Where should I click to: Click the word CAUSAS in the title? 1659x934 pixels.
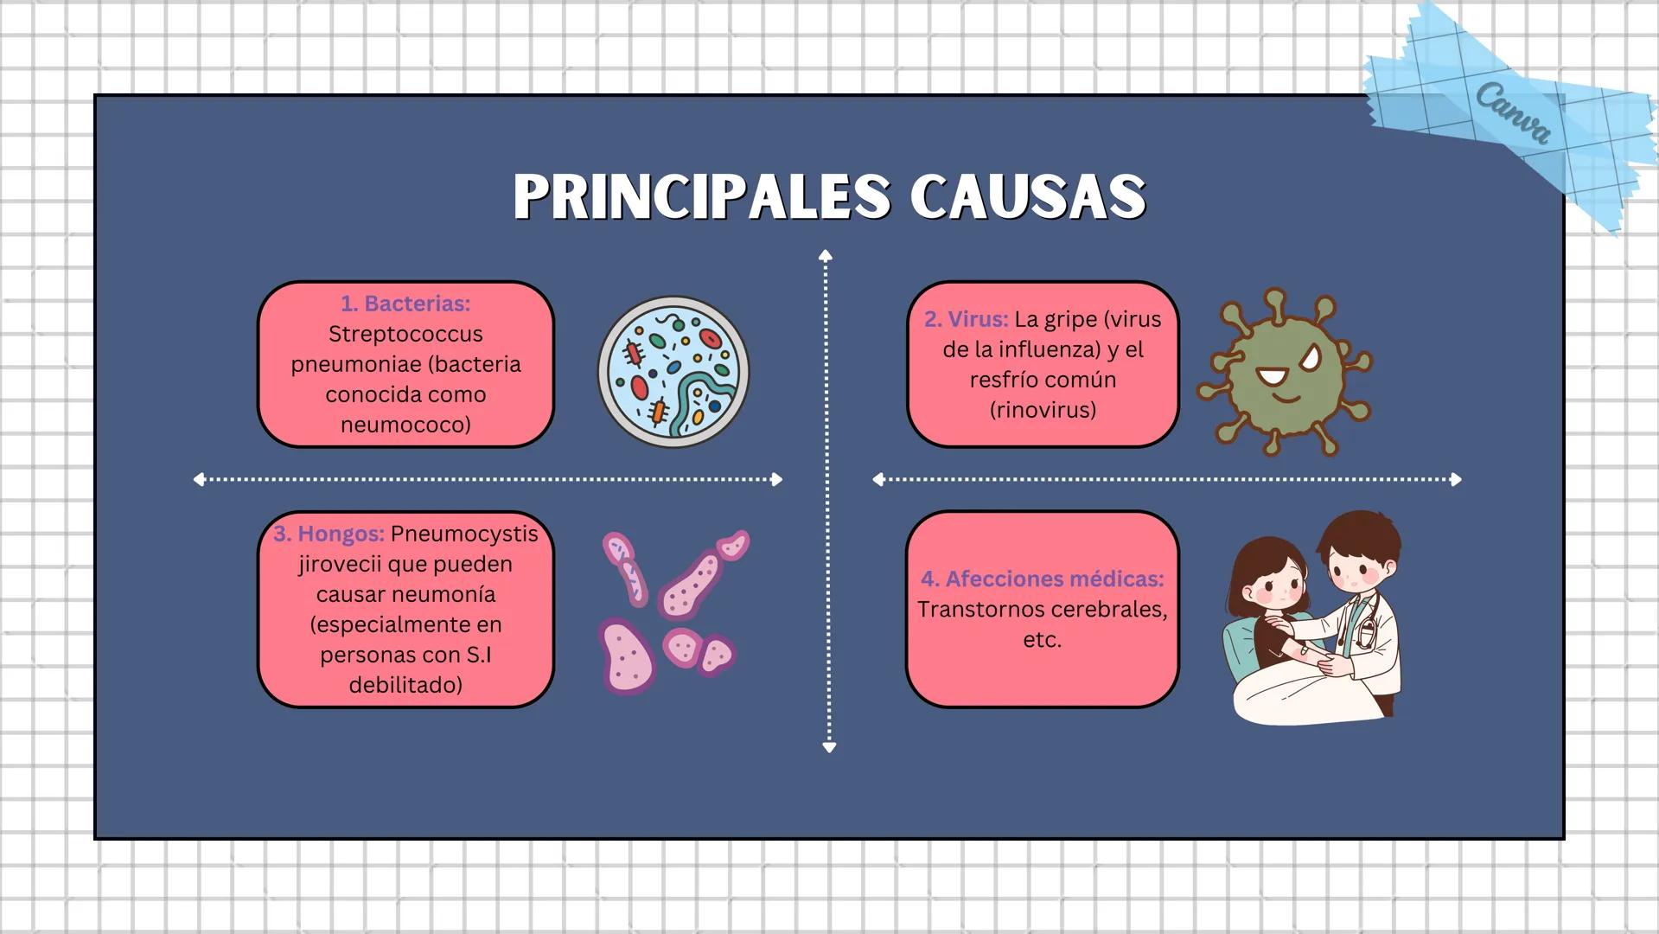click(x=1028, y=197)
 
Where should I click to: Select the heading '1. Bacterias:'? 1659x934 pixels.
click(x=405, y=304)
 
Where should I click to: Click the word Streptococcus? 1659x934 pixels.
click(x=405, y=334)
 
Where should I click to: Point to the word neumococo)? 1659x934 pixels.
click(x=405, y=425)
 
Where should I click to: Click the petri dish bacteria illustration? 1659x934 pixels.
click(x=673, y=372)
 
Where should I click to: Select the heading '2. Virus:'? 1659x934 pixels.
click(x=966, y=319)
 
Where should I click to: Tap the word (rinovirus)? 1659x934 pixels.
click(x=1043, y=410)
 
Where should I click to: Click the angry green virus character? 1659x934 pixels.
click(x=1285, y=372)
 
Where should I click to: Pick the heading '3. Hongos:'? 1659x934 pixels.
click(x=329, y=534)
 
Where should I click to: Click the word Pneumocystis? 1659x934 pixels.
click(x=464, y=534)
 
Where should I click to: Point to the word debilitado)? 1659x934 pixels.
click(x=405, y=685)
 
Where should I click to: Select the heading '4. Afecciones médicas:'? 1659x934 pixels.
click(x=1042, y=579)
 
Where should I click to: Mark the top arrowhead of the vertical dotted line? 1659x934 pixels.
click(x=826, y=255)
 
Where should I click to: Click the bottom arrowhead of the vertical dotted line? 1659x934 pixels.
click(x=829, y=747)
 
